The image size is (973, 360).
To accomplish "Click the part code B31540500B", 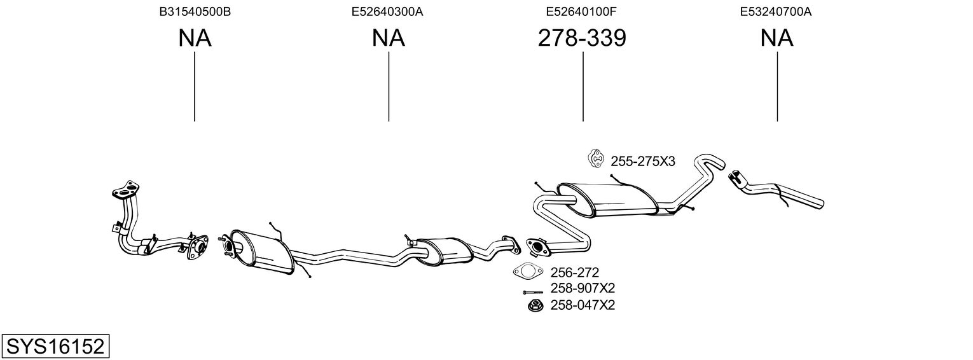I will (195, 11).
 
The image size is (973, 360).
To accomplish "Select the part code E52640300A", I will (387, 11).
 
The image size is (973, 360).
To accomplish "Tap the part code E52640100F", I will (582, 11).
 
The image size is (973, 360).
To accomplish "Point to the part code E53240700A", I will (776, 11).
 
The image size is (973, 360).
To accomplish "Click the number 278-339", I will (582, 38).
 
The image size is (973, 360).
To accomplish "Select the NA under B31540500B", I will (195, 38).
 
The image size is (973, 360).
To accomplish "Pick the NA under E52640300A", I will (388, 38).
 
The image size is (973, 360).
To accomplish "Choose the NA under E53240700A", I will (776, 38).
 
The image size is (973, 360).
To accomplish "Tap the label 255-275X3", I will (642, 162).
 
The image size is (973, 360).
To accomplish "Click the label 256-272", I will (570, 273).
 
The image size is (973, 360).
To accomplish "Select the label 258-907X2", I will (578, 289).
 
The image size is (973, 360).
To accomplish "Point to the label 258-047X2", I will (578, 305).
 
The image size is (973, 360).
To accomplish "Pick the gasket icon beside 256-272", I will (527, 272).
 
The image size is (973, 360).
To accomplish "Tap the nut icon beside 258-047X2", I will (534, 305).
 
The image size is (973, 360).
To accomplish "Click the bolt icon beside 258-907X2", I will (533, 292).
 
